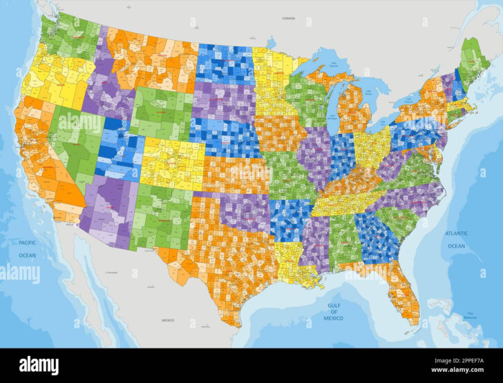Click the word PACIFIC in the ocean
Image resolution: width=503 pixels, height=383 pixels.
pos(27,243)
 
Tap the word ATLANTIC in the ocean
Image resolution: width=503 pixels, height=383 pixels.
pos(457,234)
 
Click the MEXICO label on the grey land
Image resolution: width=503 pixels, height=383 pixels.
pos(168,320)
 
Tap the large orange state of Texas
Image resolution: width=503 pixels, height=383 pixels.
pos(228,255)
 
